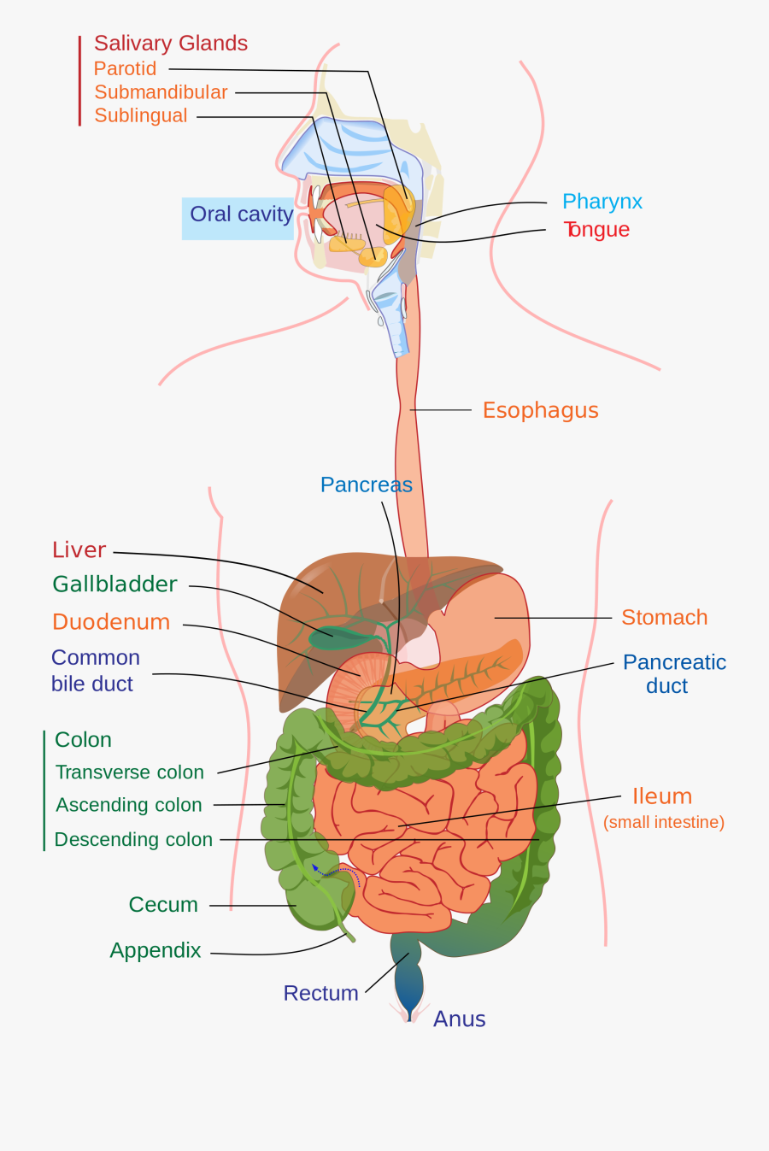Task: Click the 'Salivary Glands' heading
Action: pos(171,44)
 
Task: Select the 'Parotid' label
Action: pos(125,68)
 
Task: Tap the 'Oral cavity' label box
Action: pos(240,214)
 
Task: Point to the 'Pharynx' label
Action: pos(602,202)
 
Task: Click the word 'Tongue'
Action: pos(596,230)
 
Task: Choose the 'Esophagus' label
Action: pos(540,410)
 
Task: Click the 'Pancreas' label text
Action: pos(366,485)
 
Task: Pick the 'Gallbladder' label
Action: pos(114,584)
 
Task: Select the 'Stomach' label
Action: pos(664,617)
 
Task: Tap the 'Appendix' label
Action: pos(155,950)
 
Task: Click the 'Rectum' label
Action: pos(320,993)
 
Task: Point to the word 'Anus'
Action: pos(459,1019)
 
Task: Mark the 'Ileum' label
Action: pos(662,796)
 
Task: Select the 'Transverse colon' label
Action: pos(130,772)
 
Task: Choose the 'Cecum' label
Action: pos(163,905)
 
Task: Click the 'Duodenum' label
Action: pos(111,622)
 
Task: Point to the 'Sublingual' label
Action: pos(140,115)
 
